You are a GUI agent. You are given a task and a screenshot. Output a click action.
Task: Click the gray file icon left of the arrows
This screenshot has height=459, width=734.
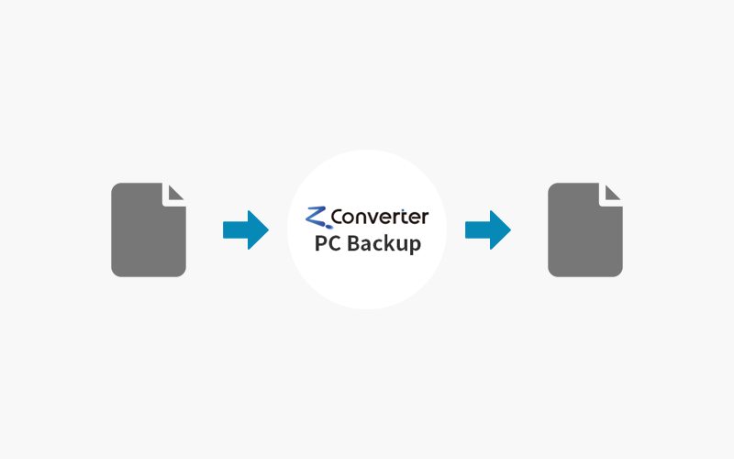(x=149, y=229)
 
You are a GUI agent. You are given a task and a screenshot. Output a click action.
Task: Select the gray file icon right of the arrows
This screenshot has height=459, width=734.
(x=585, y=229)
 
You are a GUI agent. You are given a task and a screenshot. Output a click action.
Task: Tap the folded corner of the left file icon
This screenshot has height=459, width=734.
(x=175, y=193)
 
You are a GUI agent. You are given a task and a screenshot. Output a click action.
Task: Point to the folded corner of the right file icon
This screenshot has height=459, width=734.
(x=612, y=193)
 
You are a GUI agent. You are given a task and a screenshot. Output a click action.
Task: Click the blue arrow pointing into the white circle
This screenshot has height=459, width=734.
(x=246, y=230)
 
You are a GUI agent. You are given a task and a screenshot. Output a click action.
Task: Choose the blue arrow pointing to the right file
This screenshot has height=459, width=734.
(x=488, y=230)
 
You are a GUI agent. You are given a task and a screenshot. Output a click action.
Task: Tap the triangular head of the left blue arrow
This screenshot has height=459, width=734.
(x=258, y=230)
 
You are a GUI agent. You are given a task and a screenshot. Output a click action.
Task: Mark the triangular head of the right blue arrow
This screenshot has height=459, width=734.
(x=499, y=230)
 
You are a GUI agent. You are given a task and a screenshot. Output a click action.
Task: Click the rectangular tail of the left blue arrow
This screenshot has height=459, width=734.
(x=236, y=230)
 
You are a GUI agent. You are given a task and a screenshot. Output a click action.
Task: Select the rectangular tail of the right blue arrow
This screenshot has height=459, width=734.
(x=477, y=230)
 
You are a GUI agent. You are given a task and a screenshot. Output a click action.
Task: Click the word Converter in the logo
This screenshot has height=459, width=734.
(x=380, y=217)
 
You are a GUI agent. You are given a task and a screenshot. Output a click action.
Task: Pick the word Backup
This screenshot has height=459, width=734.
(x=384, y=244)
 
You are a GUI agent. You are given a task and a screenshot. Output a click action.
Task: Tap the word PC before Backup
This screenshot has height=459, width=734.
(x=328, y=243)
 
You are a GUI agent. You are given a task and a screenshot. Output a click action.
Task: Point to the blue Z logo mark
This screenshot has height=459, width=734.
(x=317, y=218)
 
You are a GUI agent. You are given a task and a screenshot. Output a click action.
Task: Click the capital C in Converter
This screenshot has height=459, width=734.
(x=338, y=217)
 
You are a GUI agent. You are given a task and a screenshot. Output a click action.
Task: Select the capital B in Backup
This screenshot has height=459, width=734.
(x=353, y=243)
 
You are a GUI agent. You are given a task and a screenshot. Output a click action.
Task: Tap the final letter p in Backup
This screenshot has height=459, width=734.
(x=416, y=246)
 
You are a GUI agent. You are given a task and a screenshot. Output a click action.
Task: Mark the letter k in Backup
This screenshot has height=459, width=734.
(x=389, y=242)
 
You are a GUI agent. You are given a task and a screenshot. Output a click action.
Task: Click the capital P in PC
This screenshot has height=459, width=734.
(x=320, y=243)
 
